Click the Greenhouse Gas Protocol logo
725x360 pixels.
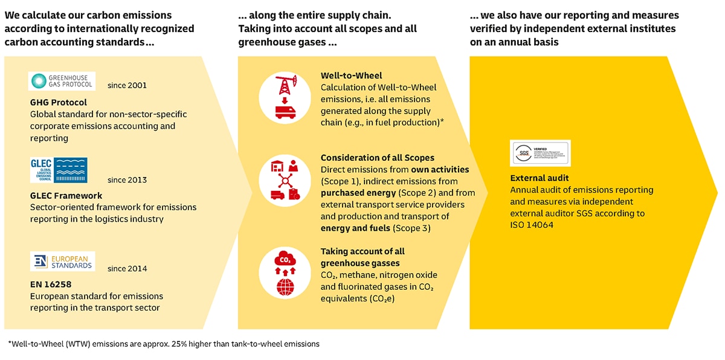[x=62, y=82]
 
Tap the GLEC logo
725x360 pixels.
[x=59, y=170]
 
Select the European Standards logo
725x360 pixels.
[x=62, y=262]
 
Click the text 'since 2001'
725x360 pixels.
[x=127, y=85]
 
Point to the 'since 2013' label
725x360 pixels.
[x=127, y=180]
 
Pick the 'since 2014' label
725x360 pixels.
[x=127, y=268]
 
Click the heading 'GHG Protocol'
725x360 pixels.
[x=59, y=102]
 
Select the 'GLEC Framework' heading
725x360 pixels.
[x=66, y=196]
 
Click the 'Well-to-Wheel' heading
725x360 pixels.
[x=351, y=76]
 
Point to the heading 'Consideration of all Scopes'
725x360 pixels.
[x=378, y=158]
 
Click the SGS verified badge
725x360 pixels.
[x=540, y=153]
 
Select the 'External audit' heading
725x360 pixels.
[x=539, y=178]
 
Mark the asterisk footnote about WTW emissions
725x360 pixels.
[x=164, y=344]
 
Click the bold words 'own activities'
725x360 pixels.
[x=440, y=170]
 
